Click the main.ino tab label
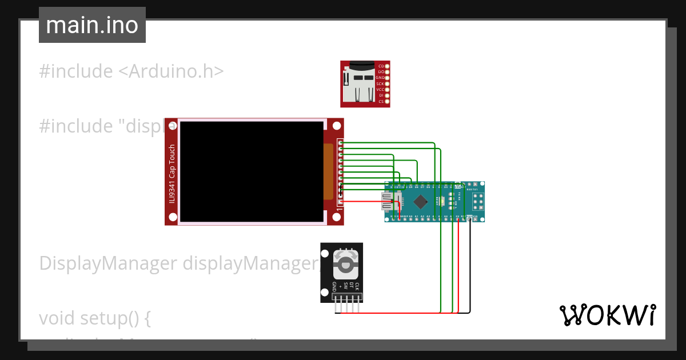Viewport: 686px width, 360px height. coord(92,25)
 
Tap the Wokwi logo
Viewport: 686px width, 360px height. coord(607,315)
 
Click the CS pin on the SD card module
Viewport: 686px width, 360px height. coord(387,101)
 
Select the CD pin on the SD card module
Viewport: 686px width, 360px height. coord(387,66)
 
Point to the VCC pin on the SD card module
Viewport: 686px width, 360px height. coord(387,89)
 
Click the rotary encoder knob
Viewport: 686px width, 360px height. coord(345,265)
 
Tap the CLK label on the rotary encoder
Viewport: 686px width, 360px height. coord(357,286)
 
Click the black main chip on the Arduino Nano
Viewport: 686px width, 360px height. coord(421,201)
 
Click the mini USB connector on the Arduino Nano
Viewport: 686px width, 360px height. coord(389,201)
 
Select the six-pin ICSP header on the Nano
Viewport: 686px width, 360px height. coord(477,201)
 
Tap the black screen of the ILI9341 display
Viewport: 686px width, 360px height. coord(251,171)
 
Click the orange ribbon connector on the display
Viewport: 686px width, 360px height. coord(328,171)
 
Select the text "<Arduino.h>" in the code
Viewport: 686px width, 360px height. coord(170,71)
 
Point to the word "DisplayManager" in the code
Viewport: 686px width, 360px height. coord(107,263)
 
